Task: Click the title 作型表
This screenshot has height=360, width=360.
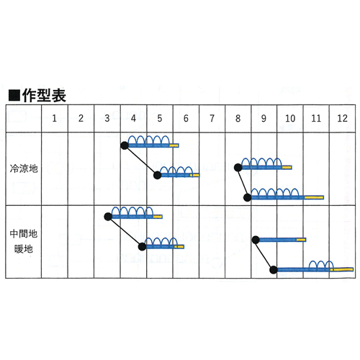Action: point(44,96)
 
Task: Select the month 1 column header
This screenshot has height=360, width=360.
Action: point(55,118)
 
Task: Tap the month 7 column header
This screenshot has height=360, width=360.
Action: point(212,118)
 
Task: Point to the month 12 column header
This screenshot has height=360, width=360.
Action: point(342,118)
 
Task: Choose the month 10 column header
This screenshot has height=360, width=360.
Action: point(290,118)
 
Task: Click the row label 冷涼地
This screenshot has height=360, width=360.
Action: point(24,168)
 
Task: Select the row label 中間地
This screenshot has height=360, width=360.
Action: point(24,233)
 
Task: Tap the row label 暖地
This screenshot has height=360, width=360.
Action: point(24,249)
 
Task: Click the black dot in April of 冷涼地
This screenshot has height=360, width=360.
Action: point(125,145)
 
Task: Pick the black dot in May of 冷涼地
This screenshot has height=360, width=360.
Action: point(158,175)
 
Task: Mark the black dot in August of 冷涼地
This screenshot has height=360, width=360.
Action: point(238,168)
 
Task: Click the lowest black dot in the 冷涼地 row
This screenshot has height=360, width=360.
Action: point(248,197)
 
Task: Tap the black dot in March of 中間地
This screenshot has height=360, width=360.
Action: point(108,217)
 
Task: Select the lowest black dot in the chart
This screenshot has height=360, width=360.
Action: point(274,270)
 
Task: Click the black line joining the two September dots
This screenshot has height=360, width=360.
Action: point(264,255)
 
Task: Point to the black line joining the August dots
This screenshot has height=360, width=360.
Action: point(243,182)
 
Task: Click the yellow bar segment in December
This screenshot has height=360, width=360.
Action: point(342,270)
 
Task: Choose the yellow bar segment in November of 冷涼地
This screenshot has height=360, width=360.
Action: point(314,197)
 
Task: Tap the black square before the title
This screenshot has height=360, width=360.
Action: point(14,96)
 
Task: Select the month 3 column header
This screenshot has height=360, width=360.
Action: point(107,118)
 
